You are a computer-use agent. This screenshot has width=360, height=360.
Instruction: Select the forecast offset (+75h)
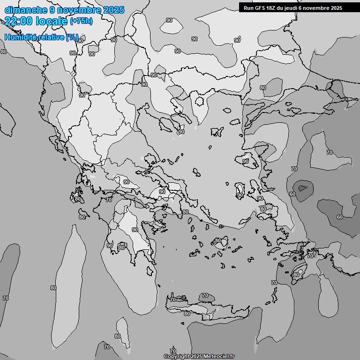click(x=81, y=21)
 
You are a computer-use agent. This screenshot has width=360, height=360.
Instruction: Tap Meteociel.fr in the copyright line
click(x=219, y=356)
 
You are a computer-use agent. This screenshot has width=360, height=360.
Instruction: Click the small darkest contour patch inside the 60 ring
click(x=303, y=188)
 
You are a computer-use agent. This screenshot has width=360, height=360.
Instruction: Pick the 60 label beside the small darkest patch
click(x=292, y=194)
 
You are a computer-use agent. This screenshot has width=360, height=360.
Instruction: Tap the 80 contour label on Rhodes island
click(x=296, y=275)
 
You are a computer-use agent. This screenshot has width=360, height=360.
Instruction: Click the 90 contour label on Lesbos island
click(x=246, y=161)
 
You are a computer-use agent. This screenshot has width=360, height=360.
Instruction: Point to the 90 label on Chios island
click(x=240, y=195)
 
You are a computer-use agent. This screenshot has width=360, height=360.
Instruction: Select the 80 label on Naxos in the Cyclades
click(x=217, y=241)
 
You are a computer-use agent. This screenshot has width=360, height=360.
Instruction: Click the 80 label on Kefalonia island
click(x=78, y=199)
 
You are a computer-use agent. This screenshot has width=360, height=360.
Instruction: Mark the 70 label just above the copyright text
click(x=173, y=351)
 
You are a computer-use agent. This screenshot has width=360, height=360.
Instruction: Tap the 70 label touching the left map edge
click(x=6, y=298)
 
